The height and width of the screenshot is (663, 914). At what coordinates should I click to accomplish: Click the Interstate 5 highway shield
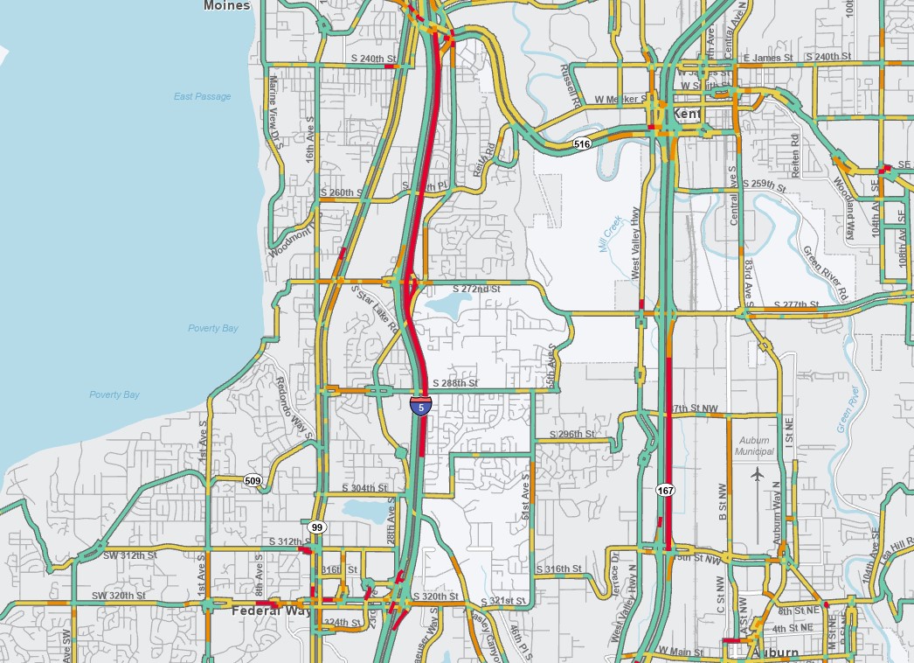[x=421, y=406]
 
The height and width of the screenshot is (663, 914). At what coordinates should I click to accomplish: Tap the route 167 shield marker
[x=666, y=490]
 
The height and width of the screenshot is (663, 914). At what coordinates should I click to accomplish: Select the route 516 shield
[x=582, y=143]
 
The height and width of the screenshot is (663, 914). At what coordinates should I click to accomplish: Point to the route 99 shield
[x=316, y=527]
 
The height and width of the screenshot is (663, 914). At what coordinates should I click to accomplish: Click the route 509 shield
[x=253, y=480]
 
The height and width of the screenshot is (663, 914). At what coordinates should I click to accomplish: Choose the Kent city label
[x=683, y=115]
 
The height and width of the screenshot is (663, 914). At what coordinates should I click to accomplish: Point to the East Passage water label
[x=202, y=96]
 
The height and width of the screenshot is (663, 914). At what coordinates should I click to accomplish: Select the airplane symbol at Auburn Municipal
[x=757, y=474]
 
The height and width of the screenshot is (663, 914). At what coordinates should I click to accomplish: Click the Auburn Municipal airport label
[x=756, y=445]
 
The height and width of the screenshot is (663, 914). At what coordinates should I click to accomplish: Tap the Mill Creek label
[x=610, y=234]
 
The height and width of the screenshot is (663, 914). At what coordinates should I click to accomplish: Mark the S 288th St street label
[x=455, y=383]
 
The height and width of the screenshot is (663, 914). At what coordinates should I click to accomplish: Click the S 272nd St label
[x=476, y=288]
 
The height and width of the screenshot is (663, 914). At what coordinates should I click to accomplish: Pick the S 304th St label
[x=364, y=487]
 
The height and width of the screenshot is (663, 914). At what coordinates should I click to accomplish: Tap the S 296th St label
[x=571, y=434]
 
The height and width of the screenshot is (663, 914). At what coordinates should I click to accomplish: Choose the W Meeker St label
[x=620, y=100]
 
